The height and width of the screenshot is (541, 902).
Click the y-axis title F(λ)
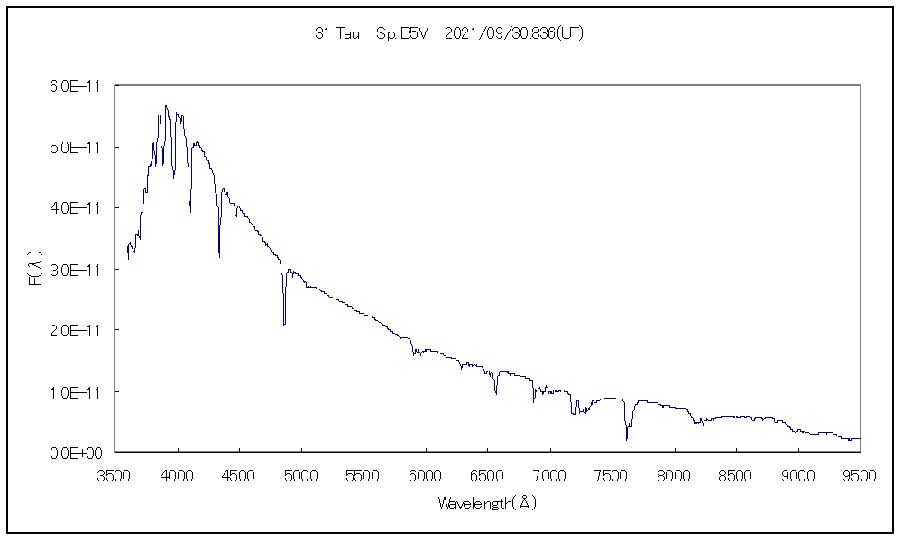click(33, 270)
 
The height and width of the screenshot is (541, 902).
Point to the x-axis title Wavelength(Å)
click(487, 503)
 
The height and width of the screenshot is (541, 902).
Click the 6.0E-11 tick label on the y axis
click(76, 86)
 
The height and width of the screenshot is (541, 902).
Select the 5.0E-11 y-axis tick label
click(76, 147)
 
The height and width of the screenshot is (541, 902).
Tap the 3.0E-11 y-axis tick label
click(76, 270)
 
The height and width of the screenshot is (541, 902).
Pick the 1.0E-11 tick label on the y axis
click(76, 392)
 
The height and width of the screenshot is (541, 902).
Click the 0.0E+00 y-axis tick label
click(76, 453)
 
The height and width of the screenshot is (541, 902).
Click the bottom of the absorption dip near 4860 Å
click(284, 324)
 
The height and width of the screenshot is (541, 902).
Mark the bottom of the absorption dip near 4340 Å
click(219, 257)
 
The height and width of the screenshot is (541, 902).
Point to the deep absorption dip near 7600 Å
click(626, 439)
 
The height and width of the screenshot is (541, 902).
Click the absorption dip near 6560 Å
click(495, 393)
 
